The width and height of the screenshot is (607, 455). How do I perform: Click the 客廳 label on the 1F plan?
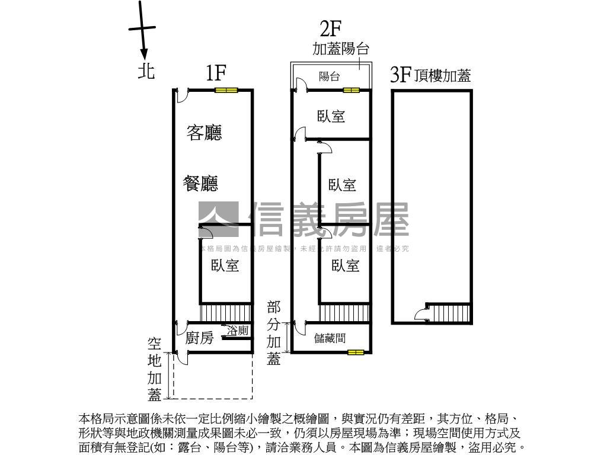coord(204,132)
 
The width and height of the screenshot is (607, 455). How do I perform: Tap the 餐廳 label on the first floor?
coord(200,184)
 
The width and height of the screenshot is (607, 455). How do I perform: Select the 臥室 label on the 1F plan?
coord(225,265)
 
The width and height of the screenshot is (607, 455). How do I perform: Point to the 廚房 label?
coord(199,338)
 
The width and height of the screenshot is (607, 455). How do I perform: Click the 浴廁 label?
coord(238,331)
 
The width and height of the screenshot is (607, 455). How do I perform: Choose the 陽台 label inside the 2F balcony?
coord(329,76)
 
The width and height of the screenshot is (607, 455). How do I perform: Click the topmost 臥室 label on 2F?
coord(331,116)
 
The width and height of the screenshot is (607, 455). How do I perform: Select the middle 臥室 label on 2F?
coord(343,185)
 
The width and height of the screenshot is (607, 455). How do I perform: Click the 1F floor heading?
coord(216,73)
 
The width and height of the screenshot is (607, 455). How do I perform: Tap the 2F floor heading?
coord(331,28)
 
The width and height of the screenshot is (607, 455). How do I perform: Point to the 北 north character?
coord(146,72)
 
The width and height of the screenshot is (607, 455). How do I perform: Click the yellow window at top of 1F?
coord(226,91)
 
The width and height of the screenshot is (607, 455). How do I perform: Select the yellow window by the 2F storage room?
coord(356,353)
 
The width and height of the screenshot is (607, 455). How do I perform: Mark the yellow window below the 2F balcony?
coord(351,91)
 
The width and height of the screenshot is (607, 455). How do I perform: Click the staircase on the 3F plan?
coord(449,312)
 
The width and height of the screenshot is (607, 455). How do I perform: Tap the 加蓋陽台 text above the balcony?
coord(340,49)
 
